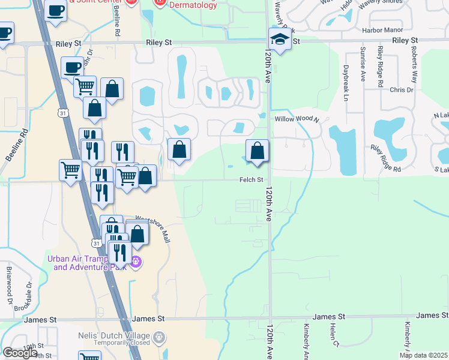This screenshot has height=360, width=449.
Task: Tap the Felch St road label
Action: coord(252,179)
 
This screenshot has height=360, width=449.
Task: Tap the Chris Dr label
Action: coord(402,90)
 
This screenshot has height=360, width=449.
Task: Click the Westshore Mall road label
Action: coord(153,229)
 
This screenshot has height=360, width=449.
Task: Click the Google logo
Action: coord(20,353)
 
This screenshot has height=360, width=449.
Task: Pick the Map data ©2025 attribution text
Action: coord(423,355)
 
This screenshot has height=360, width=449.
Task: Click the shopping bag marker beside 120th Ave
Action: coord(257,151)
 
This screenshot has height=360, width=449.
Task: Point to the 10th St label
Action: coord(34,346)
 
